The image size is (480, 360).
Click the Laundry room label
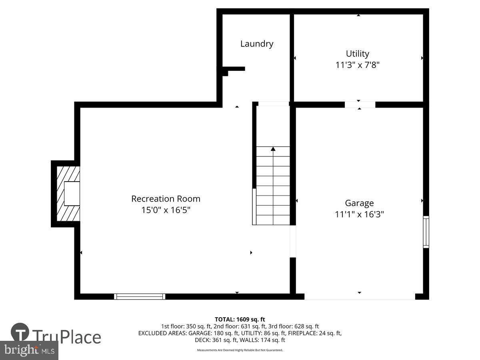[257, 44]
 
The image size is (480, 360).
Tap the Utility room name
[357, 54]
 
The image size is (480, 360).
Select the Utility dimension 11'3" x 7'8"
[357, 65]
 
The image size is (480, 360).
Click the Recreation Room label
[166, 199]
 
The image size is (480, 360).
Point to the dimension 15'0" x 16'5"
[166, 210]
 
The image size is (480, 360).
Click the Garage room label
[359, 203]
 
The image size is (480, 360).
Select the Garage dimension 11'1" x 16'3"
[359, 214]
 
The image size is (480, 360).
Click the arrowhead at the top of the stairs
[273, 149]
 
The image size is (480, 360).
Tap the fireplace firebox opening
[72, 194]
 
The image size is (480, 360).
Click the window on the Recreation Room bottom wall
[140, 296]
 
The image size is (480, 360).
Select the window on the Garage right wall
[426, 232]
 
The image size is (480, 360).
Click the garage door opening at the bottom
[360, 296]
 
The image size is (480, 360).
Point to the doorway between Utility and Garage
[360, 105]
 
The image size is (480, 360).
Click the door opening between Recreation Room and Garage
[293, 241]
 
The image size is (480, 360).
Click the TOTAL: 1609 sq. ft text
[240, 319]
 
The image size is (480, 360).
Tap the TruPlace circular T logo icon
[20, 333]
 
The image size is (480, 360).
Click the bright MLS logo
[29, 350]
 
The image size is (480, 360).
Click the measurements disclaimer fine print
[240, 350]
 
